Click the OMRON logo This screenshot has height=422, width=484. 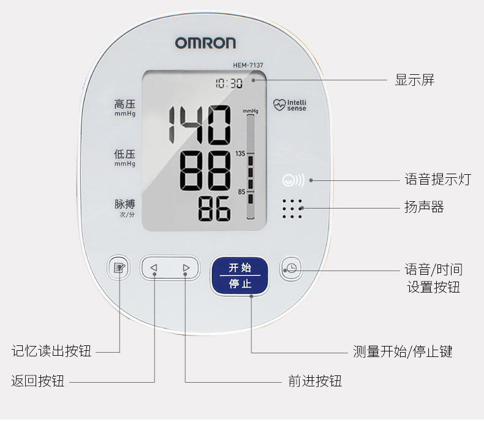point(205,42)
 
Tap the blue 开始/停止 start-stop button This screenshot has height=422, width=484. point(240,275)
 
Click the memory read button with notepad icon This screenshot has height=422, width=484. point(118,268)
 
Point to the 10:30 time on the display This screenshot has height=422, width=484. point(228,83)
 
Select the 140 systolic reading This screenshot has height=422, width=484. point(200,125)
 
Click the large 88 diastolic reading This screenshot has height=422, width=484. point(205,171)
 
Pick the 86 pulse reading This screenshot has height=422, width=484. point(214,209)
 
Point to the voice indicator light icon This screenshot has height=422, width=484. point(293,180)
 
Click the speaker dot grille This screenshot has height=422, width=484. point(292,209)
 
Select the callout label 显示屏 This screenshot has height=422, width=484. point(415,80)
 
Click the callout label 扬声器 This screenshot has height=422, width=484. point(424,207)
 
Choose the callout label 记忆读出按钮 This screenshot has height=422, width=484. point(51,351)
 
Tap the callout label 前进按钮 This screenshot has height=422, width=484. point(315,382)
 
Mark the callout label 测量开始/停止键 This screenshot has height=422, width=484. point(403,351)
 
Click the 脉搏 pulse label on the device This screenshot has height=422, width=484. point(124,204)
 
